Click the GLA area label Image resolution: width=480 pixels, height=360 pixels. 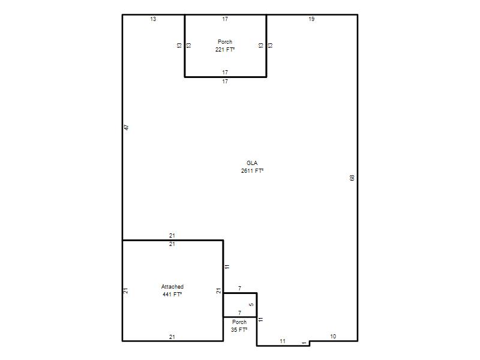252,163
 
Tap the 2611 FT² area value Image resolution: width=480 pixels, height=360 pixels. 252,171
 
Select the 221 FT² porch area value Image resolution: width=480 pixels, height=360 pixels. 225,50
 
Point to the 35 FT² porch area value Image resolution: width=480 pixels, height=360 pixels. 239,329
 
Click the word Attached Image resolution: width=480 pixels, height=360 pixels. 172,287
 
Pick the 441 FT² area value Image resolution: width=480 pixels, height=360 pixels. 172,295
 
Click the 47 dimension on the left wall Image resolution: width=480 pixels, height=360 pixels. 127,127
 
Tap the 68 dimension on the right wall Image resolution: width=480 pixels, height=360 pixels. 352,178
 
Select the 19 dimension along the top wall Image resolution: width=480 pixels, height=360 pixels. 311,19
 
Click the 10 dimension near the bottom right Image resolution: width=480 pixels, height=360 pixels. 333,337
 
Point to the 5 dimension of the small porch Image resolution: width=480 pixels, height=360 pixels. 251,305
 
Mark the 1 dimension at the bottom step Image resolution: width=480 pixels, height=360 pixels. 304,343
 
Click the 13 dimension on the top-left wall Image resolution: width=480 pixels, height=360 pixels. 153,19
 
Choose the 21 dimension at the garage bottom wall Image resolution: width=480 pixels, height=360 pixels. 172,337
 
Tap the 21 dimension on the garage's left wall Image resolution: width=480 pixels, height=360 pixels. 125,291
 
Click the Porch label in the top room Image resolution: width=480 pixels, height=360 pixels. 225,41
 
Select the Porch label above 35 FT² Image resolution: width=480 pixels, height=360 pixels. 239,322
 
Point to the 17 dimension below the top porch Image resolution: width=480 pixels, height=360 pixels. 225,82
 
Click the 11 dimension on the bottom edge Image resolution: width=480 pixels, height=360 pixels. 283,341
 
